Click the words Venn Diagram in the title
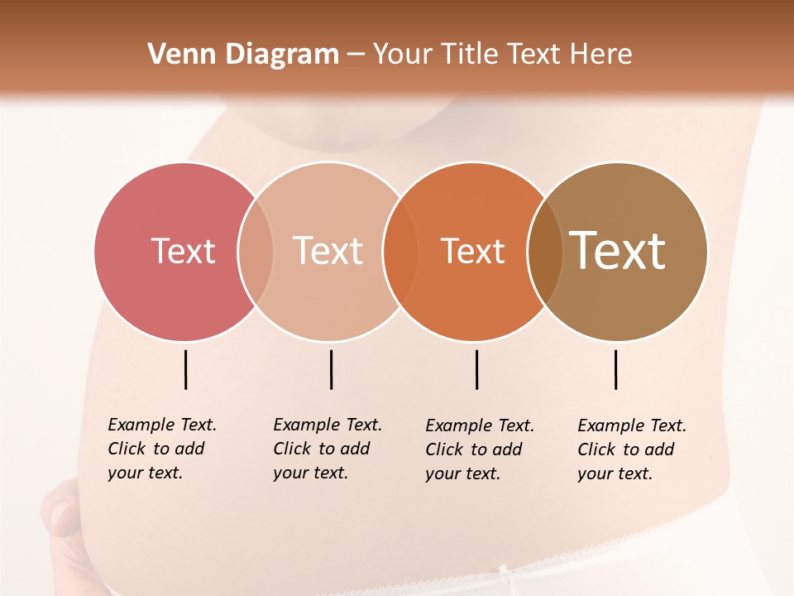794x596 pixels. pyautogui.click(x=243, y=55)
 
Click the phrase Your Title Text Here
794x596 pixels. pyautogui.click(x=502, y=55)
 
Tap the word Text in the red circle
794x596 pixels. pyautogui.click(x=183, y=251)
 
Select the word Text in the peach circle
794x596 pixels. pyautogui.click(x=328, y=251)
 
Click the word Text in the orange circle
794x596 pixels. pyautogui.click(x=472, y=251)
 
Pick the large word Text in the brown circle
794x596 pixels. pyautogui.click(x=618, y=250)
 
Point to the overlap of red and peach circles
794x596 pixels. pyautogui.click(x=256, y=251)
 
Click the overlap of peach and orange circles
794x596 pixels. pyautogui.click(x=400, y=251)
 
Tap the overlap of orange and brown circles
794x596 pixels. pyautogui.click(x=545, y=251)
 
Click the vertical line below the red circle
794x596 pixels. pyautogui.click(x=185, y=369)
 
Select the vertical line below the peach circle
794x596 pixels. pyautogui.click(x=331, y=369)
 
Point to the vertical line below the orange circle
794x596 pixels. pyautogui.click(x=476, y=369)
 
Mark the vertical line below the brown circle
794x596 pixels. pyautogui.click(x=615, y=369)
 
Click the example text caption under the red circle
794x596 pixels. pyautogui.click(x=162, y=449)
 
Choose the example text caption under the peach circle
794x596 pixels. pyautogui.click(x=328, y=449)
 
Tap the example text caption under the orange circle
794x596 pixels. pyautogui.click(x=480, y=449)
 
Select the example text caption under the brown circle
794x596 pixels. pyautogui.click(x=632, y=449)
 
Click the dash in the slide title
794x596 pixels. pyautogui.click(x=356, y=55)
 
